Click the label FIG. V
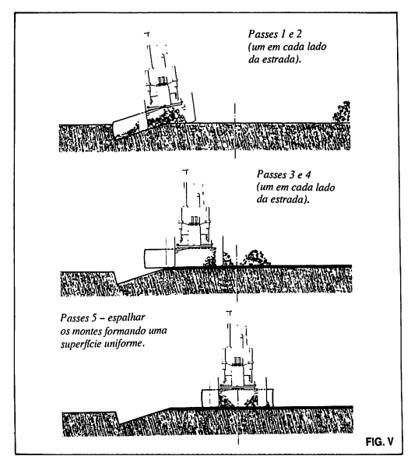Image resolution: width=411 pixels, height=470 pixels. (379, 441)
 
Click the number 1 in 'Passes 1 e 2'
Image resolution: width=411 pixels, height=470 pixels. (282, 34)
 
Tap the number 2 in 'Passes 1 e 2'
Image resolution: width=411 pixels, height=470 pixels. (299, 34)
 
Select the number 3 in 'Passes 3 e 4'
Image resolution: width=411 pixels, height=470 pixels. (291, 174)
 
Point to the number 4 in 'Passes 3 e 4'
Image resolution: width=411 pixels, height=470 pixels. (308, 174)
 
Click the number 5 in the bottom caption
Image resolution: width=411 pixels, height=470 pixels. (94, 317)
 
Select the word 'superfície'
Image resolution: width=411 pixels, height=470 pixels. (81, 344)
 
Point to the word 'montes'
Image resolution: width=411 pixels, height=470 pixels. (87, 331)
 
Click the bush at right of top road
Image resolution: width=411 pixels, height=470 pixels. (342, 112)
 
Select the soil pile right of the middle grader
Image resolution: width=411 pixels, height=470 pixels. (256, 258)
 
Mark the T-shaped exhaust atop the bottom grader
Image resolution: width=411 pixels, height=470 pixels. (229, 314)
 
